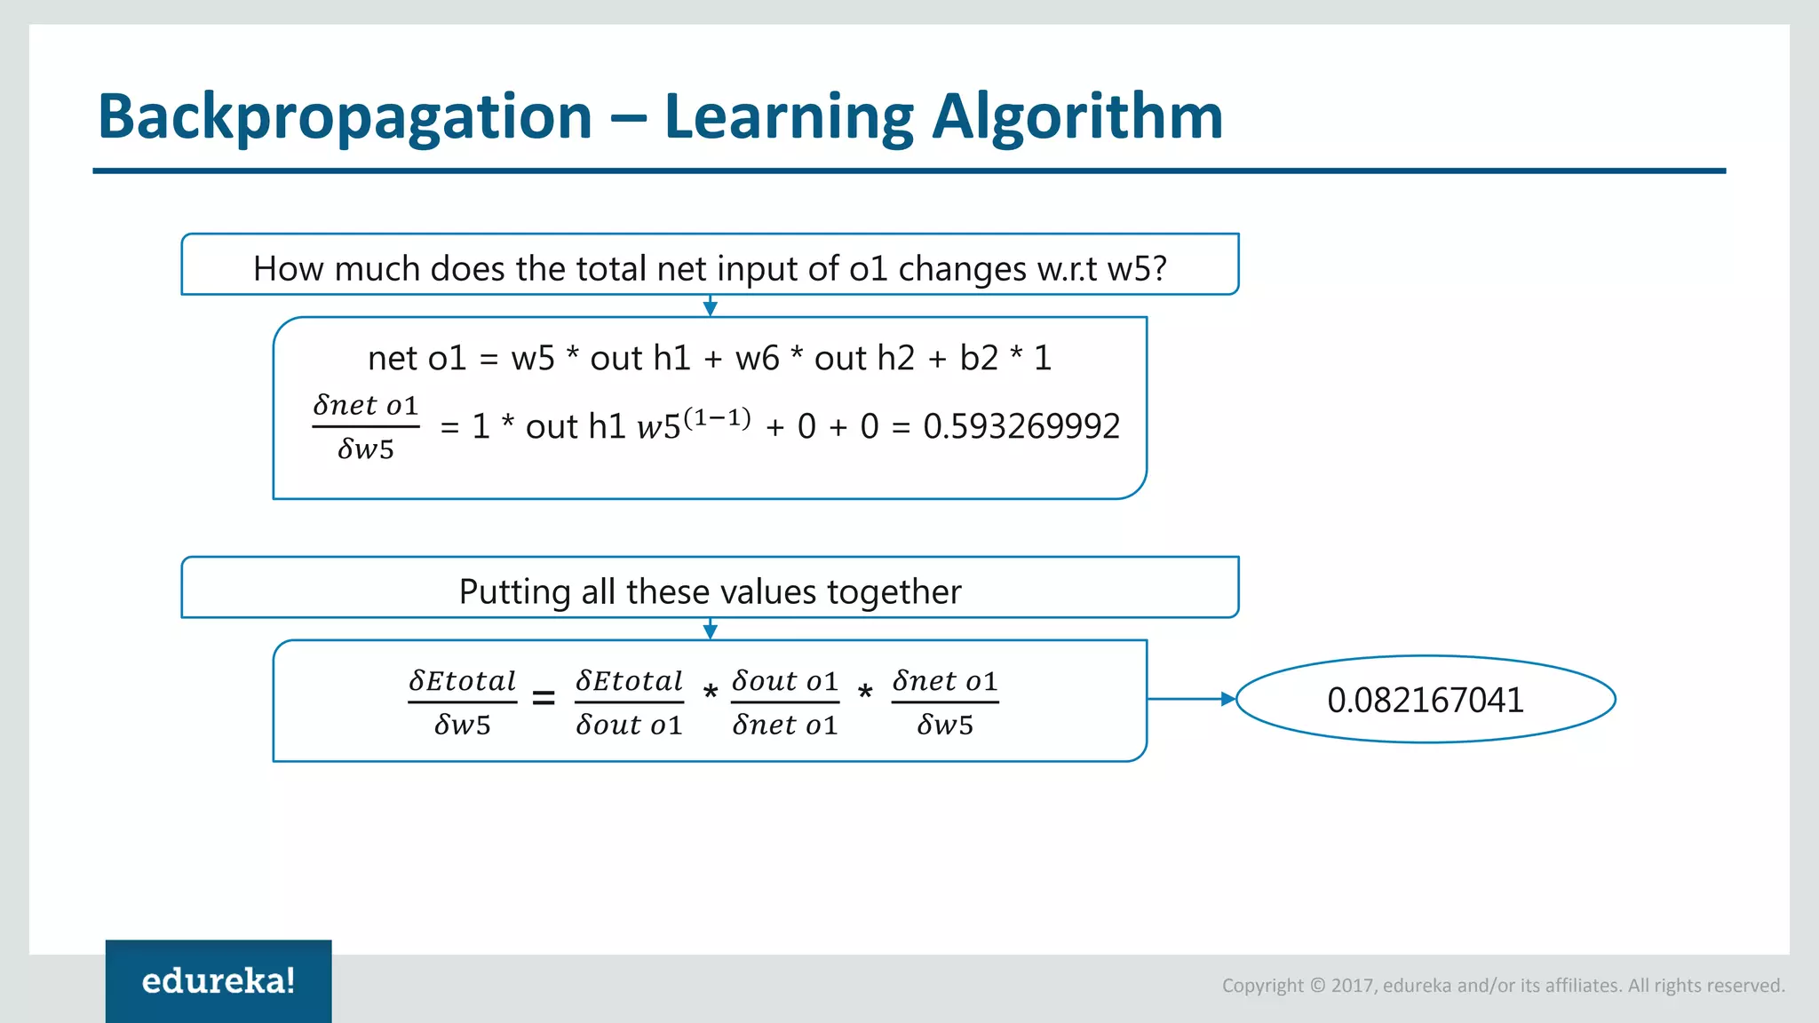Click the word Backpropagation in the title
[345, 116]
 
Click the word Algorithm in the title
[1076, 116]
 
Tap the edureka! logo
[218, 980]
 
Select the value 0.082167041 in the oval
[1425, 700]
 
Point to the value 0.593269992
[1021, 426]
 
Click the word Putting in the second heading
[514, 592]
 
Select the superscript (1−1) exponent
[717, 417]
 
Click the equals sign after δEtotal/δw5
[544, 699]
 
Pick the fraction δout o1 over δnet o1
[785, 702]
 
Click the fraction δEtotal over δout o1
[629, 702]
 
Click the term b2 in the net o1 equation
[979, 358]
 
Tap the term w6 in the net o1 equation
[757, 358]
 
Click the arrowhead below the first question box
[710, 308]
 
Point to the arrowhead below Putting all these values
[710, 631]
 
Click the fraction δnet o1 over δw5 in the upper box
[365, 427]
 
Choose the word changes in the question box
[962, 268]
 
